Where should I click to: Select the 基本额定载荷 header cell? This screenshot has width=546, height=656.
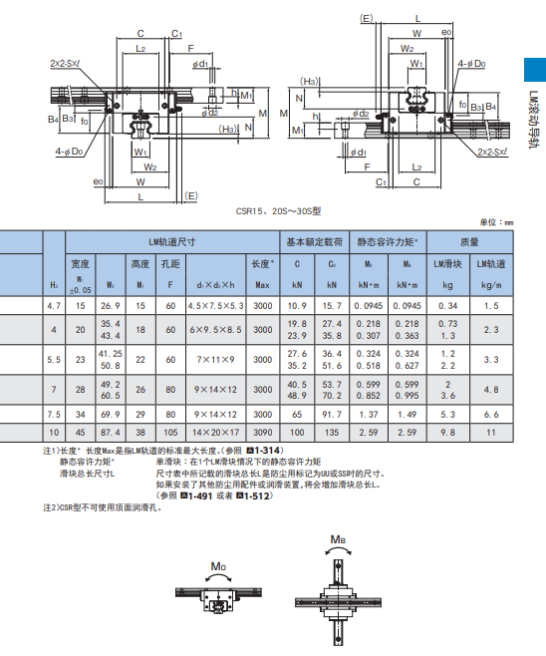tap(315, 241)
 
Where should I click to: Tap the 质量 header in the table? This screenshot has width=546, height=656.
tap(468, 241)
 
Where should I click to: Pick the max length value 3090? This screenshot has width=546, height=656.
tap(262, 434)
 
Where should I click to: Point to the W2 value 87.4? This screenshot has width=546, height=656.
tap(111, 434)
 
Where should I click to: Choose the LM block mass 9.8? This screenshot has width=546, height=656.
tap(448, 434)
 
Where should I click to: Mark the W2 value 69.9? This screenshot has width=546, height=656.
tap(111, 413)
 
